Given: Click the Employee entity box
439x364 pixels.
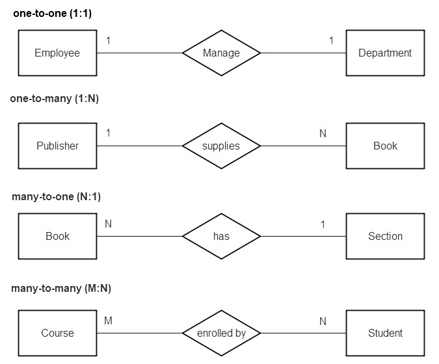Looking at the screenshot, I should [x=57, y=53].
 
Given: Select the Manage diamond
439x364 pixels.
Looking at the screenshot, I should [x=221, y=53].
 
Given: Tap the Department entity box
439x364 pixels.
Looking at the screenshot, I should [x=385, y=53].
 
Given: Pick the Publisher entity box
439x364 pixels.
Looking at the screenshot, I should [x=57, y=146].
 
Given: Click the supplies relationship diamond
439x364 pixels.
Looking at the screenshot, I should [x=221, y=146].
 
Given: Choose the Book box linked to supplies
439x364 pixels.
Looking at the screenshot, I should [x=385, y=146].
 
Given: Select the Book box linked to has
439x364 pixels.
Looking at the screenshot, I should [x=57, y=236].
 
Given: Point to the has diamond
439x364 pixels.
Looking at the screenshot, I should [x=221, y=236].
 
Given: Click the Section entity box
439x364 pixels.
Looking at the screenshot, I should [x=385, y=236].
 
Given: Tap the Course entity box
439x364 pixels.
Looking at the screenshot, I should [x=57, y=333].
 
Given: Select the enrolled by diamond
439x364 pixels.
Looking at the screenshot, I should [x=221, y=333].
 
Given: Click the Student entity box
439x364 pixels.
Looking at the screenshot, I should [x=385, y=333].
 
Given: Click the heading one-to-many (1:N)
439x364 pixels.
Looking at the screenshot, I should [x=55, y=99].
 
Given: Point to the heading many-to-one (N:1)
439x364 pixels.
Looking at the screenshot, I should [x=56, y=196].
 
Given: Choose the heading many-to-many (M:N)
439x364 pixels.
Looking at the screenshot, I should [x=57, y=288].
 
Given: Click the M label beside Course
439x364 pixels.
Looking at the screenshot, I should [x=108, y=321].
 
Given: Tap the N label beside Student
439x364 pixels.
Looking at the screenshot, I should [x=323, y=321].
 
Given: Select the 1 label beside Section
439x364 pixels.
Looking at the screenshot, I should [x=323, y=224].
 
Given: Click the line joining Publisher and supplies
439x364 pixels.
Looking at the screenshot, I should [x=139, y=146].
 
